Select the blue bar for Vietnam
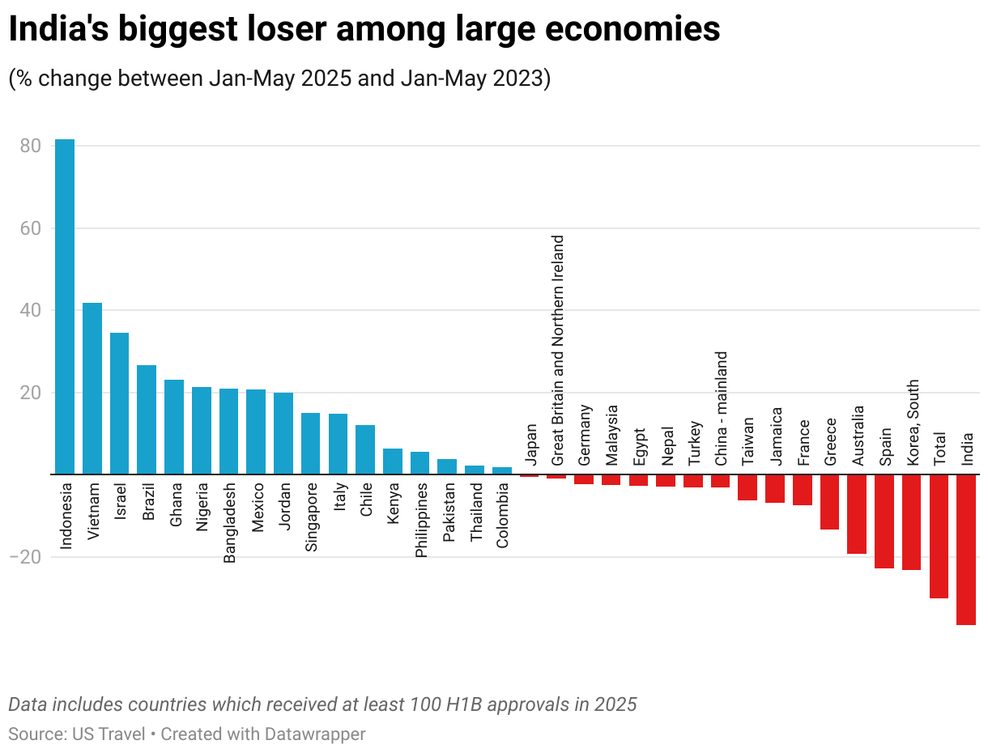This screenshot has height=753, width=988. pyautogui.click(x=92, y=389)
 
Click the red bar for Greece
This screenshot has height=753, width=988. pyautogui.click(x=829, y=502)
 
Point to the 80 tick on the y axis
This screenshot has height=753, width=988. pyautogui.click(x=31, y=147)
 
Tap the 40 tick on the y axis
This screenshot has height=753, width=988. pyautogui.click(x=31, y=311)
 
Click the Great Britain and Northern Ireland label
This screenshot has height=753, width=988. pyautogui.click(x=557, y=351)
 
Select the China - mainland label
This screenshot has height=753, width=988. pyautogui.click(x=721, y=409)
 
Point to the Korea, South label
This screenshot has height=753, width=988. pyautogui.click(x=913, y=422)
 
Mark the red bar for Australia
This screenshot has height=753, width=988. pyautogui.click(x=857, y=514)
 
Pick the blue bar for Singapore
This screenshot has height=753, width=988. pyautogui.click(x=311, y=444)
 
